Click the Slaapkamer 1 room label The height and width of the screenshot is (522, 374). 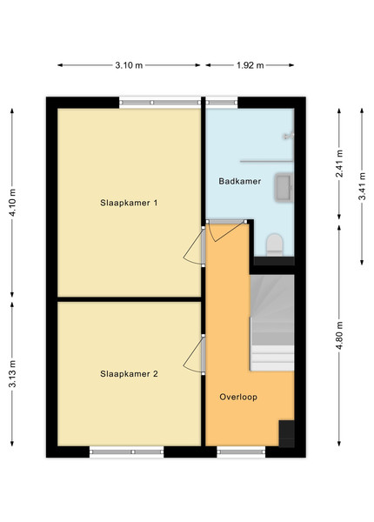(x=129, y=203)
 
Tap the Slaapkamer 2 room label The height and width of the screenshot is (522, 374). (x=129, y=374)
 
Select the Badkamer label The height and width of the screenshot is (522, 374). (x=239, y=181)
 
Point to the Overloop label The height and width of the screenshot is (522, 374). (x=238, y=397)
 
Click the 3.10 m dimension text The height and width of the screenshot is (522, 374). (x=129, y=65)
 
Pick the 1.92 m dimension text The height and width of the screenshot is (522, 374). (x=250, y=65)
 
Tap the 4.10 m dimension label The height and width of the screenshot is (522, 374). (x=13, y=203)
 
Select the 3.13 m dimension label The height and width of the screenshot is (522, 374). (x=13, y=374)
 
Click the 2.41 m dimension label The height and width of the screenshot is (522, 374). (x=339, y=164)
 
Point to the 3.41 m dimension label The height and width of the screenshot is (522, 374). (x=362, y=186)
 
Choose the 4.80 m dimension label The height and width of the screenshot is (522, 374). (x=339, y=336)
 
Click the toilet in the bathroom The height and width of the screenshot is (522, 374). (x=275, y=244)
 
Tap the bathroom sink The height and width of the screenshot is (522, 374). (x=284, y=187)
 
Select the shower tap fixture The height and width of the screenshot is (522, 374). (x=289, y=136)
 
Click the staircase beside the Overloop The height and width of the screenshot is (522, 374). (x=272, y=323)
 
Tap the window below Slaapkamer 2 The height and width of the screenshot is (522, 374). (x=127, y=452)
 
